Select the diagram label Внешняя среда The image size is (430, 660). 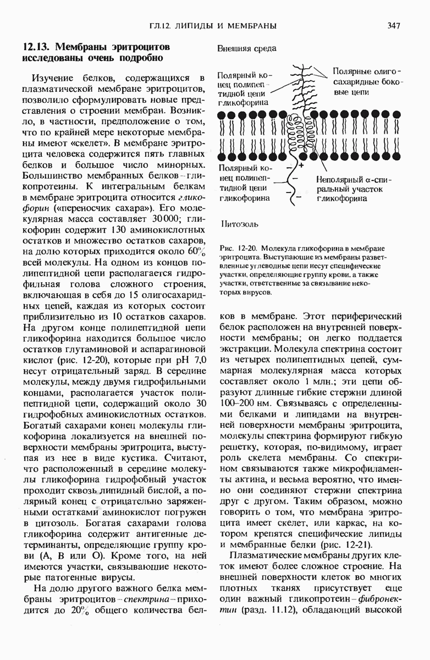click(246, 48)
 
